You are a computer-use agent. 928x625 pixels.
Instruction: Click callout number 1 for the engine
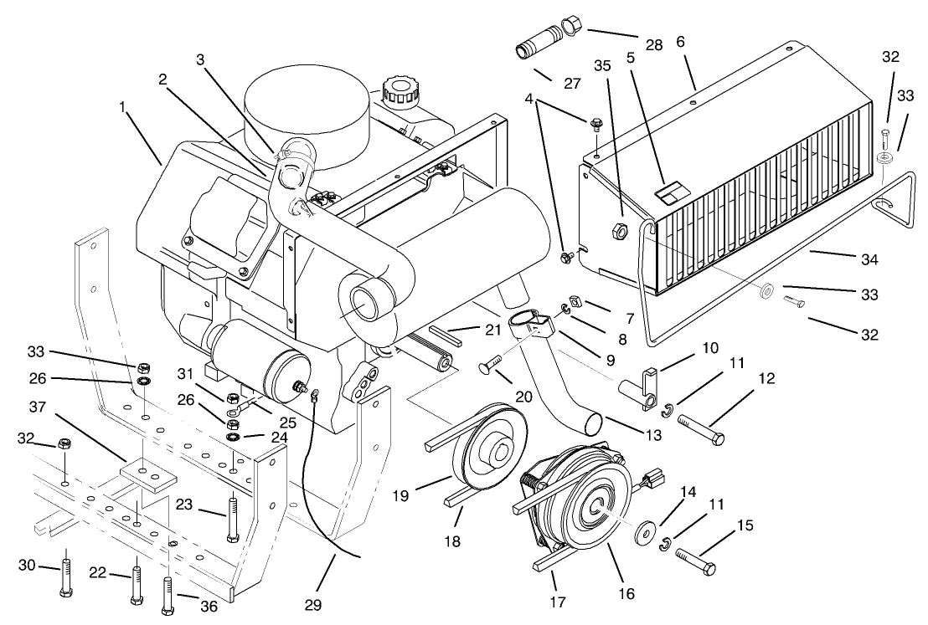click(x=123, y=107)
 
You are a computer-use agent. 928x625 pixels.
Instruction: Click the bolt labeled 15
click(x=695, y=561)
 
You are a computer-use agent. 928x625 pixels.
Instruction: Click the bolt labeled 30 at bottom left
click(x=64, y=577)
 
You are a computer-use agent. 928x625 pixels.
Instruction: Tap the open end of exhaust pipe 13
click(x=593, y=423)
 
